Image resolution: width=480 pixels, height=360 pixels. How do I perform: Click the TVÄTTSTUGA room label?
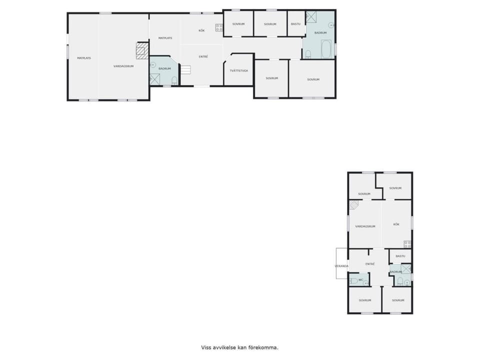click(x=239, y=70)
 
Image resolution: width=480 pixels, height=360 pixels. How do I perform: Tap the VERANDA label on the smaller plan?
click(x=341, y=266)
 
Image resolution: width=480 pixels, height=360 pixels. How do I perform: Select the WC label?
click(x=360, y=279)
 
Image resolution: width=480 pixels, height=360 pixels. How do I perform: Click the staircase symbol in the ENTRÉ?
click(x=185, y=69)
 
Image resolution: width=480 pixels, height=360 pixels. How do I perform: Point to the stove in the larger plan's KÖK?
click(x=219, y=27)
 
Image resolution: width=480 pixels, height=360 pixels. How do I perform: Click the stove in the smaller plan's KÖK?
click(x=407, y=244)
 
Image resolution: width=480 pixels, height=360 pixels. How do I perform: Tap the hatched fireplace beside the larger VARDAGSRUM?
click(x=142, y=50)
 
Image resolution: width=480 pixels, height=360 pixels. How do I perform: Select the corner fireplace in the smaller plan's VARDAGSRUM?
click(x=354, y=205)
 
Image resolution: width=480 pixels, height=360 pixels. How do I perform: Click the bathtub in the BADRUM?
click(x=326, y=49)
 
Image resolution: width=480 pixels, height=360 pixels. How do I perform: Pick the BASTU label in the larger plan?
click(x=295, y=24)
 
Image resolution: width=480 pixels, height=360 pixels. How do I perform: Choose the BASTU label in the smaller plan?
click(x=400, y=256)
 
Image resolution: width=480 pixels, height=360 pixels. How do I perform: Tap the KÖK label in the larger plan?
click(x=201, y=30)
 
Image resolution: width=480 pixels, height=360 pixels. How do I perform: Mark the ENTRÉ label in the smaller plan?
click(x=370, y=264)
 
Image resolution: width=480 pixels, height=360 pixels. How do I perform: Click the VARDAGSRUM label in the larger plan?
click(x=123, y=66)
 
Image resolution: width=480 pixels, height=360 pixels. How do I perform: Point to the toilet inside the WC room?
click(x=354, y=280)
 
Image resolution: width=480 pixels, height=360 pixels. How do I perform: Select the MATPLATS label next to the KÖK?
click(x=165, y=38)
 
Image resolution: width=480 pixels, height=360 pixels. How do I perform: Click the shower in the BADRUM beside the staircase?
click(x=154, y=79)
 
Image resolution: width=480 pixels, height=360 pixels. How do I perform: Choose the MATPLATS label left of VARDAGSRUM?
click(x=84, y=58)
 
